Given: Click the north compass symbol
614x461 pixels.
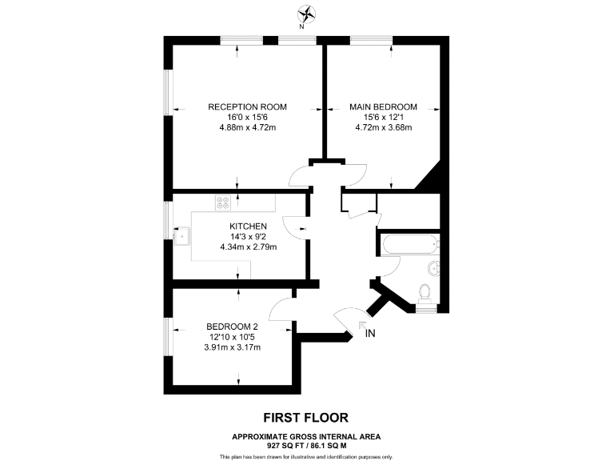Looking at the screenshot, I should tap(306, 14).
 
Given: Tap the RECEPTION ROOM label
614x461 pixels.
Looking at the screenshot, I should tap(247, 106).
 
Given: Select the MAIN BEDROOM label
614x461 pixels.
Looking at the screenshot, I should tap(383, 106).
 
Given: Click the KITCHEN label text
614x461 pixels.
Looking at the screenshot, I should tap(248, 226).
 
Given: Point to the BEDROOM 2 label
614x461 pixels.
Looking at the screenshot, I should tap(232, 327).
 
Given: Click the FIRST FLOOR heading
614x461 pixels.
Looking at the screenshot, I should tap(306, 418).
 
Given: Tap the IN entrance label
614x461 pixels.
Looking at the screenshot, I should tap(369, 333).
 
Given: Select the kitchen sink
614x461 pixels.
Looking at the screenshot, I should tap(182, 235).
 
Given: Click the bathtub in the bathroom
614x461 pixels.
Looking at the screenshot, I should tap(409, 245).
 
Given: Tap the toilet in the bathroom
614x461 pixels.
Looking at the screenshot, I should tap(427, 294).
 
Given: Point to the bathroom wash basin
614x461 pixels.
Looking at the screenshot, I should tap(433, 268).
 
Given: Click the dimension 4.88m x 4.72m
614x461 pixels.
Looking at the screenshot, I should tap(247, 127).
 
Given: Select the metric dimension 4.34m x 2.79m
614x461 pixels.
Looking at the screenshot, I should tap(248, 247).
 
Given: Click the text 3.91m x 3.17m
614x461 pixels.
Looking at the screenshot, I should tap(232, 347).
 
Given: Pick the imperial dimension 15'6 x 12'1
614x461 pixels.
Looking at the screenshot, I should tap(383, 117).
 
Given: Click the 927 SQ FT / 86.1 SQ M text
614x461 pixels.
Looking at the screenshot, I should tap(306, 445).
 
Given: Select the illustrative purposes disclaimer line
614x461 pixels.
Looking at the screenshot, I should tap(306, 456).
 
